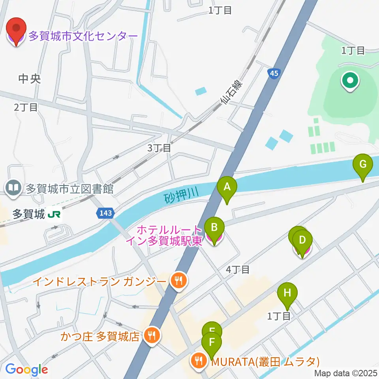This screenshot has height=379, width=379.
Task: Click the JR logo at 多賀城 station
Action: click(x=54, y=214)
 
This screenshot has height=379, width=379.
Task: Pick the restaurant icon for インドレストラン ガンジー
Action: click(x=179, y=281)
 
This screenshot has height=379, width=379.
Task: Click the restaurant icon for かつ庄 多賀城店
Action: click(x=151, y=336)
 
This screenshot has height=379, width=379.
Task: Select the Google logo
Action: click(x=26, y=370)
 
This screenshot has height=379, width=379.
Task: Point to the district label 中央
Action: click(x=30, y=79)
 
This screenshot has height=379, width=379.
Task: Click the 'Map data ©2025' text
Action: click(x=346, y=373)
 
